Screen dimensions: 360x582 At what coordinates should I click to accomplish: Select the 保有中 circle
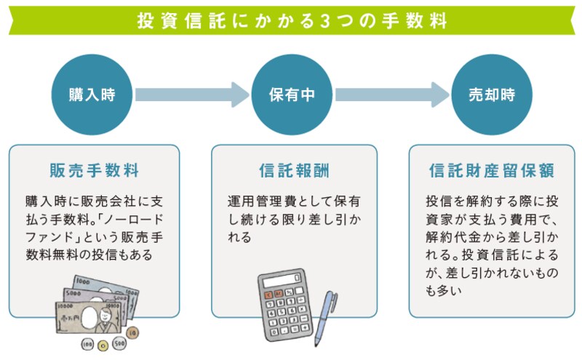coord(292,95)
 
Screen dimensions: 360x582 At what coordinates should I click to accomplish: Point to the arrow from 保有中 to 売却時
coord(391,95)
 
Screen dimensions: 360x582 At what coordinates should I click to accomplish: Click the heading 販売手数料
coord(93,171)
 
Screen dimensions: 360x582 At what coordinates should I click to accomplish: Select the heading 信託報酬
coord(292,171)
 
